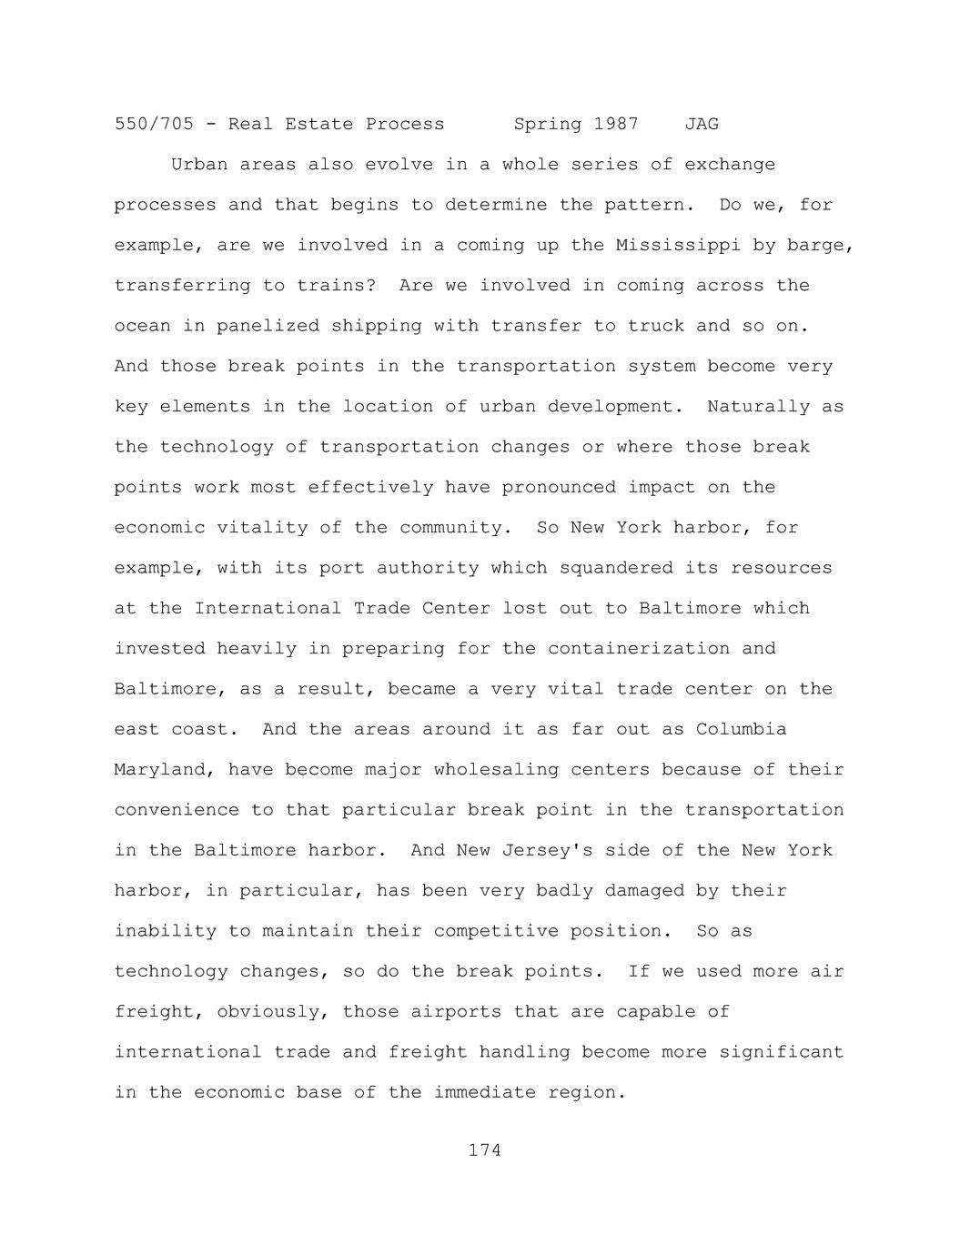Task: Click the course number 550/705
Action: pos(154,124)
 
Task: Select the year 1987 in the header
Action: pos(616,124)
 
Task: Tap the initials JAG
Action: pos(702,124)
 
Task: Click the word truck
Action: pos(656,326)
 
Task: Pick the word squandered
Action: pos(616,568)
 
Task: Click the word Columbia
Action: pos(742,729)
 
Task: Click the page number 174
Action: pos(484,1150)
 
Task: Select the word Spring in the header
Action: pos(548,124)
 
